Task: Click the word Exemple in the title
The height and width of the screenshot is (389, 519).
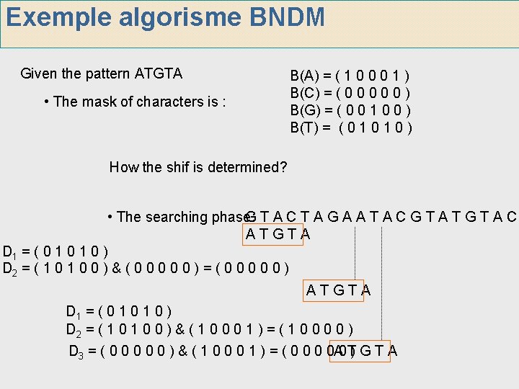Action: point(53,18)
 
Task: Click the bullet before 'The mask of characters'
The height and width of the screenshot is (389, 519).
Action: point(47,102)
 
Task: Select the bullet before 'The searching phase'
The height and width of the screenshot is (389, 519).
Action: point(109,217)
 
